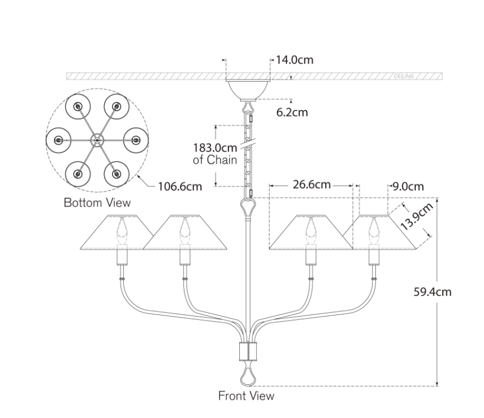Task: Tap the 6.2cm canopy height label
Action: (x=292, y=112)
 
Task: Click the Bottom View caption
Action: (x=97, y=202)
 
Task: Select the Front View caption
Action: (x=247, y=395)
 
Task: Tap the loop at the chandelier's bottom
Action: (x=248, y=375)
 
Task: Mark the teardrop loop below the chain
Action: (x=248, y=207)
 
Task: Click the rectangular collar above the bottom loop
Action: (x=248, y=352)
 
